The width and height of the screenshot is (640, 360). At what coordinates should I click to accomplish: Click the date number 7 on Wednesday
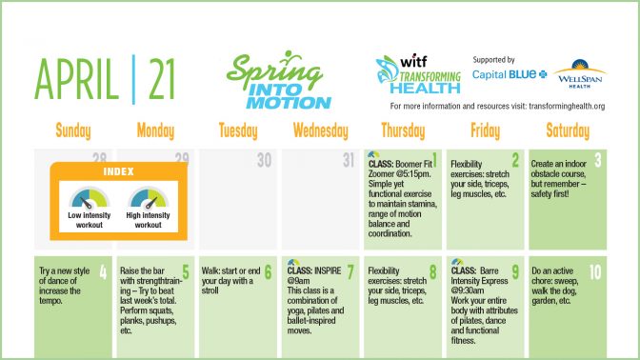click(x=351, y=271)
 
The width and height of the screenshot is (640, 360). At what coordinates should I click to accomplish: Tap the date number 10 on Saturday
click(x=594, y=271)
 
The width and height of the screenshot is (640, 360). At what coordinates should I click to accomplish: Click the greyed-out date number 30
click(x=265, y=161)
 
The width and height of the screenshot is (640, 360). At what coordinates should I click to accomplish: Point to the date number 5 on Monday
click(x=188, y=271)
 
